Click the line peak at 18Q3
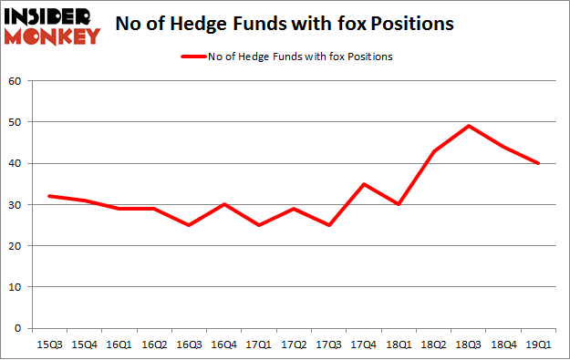pyautogui.click(x=468, y=126)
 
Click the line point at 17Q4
pyautogui.click(x=363, y=184)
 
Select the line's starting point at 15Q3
pyautogui.click(x=48, y=196)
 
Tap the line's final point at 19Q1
pyautogui.click(x=539, y=163)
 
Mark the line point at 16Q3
pyautogui.click(x=188, y=225)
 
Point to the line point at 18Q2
pyautogui.click(x=433, y=151)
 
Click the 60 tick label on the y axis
pyautogui.click(x=16, y=81)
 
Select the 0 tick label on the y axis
pyautogui.click(x=18, y=328)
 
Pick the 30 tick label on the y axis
pyautogui.click(x=16, y=205)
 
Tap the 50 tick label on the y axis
pyautogui.click(x=16, y=122)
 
